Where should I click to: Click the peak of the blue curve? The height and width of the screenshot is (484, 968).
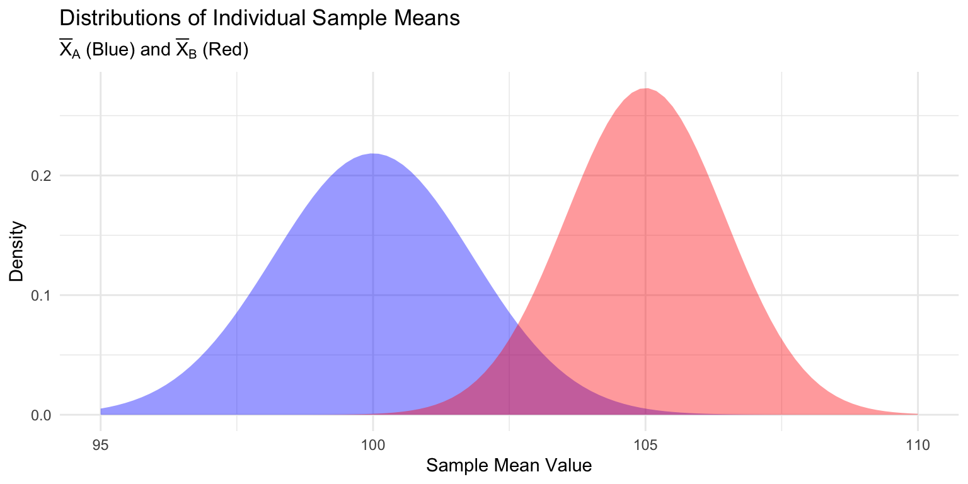[x=373, y=154]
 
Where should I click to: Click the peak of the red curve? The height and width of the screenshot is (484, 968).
[x=645, y=89]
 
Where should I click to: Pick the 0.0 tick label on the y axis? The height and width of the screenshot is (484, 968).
[x=41, y=415]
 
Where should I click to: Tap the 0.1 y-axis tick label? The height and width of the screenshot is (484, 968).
[x=41, y=296]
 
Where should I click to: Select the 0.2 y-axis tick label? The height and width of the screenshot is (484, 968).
[x=41, y=176]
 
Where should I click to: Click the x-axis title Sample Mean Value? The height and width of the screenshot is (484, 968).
[x=509, y=466]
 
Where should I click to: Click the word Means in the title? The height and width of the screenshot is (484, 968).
[x=430, y=18]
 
